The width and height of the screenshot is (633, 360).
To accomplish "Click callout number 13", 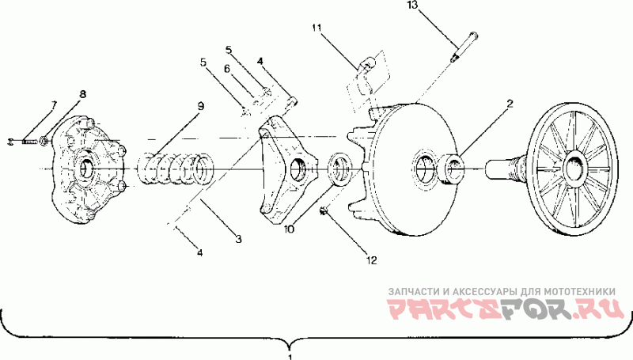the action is click(x=412, y=6).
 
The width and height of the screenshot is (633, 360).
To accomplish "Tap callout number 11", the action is click(x=316, y=28).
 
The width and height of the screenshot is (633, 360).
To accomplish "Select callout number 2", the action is click(x=510, y=104).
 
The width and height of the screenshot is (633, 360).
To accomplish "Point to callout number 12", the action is click(x=371, y=260).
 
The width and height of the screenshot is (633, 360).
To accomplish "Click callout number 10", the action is click(x=289, y=229).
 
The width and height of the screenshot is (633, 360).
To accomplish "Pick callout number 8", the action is click(x=82, y=94).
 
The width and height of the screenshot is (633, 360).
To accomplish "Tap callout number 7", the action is click(x=54, y=104).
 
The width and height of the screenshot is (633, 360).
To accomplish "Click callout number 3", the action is click(x=239, y=239).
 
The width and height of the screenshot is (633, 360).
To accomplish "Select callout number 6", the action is click(x=227, y=69).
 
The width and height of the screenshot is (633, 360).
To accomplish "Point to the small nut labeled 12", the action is click(x=324, y=210).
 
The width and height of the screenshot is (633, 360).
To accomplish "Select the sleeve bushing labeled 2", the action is click(x=452, y=169).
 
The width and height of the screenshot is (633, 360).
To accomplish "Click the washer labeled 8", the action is click(x=45, y=142).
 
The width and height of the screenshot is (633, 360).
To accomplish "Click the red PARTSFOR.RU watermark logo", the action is click(x=506, y=309).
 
